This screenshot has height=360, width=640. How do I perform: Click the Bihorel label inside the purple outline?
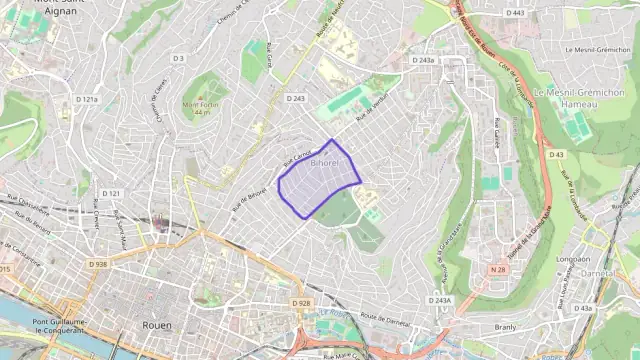[x=326, y=162]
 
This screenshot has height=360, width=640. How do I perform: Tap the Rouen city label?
[x=156, y=325]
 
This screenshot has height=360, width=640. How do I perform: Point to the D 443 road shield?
[x=515, y=13]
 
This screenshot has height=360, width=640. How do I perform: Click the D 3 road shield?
[x=179, y=58]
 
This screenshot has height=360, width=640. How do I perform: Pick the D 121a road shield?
[x=88, y=100]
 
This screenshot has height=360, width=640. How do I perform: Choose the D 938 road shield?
[x=97, y=264]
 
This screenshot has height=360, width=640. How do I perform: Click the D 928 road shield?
[x=302, y=302]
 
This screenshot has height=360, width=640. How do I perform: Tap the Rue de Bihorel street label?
[x=250, y=199]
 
